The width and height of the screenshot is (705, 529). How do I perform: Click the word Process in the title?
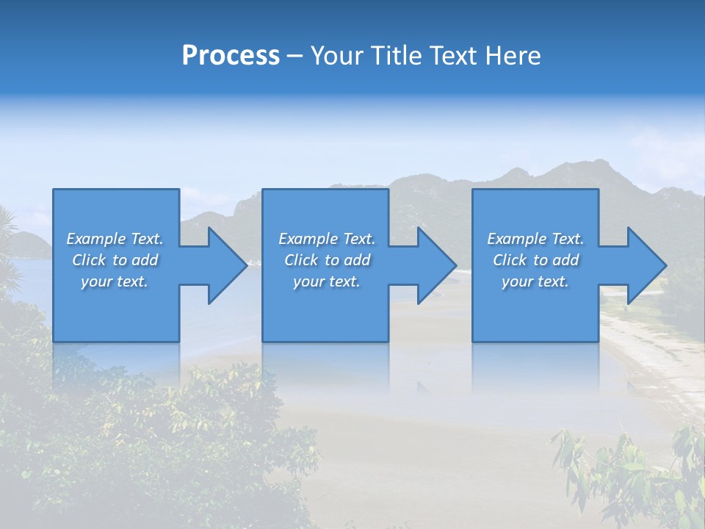click(231, 56)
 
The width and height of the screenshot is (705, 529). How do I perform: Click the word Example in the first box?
click(96, 239)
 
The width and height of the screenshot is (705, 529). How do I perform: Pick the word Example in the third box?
click(517, 239)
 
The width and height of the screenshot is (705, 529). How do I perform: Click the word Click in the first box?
click(90, 260)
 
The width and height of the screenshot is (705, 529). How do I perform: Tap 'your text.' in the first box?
click(115, 281)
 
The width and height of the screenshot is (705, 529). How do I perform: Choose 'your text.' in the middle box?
click(327, 281)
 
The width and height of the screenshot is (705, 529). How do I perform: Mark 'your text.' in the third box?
click(535, 281)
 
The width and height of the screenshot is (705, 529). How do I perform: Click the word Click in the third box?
click(510, 260)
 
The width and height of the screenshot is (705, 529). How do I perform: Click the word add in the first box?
click(143, 260)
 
